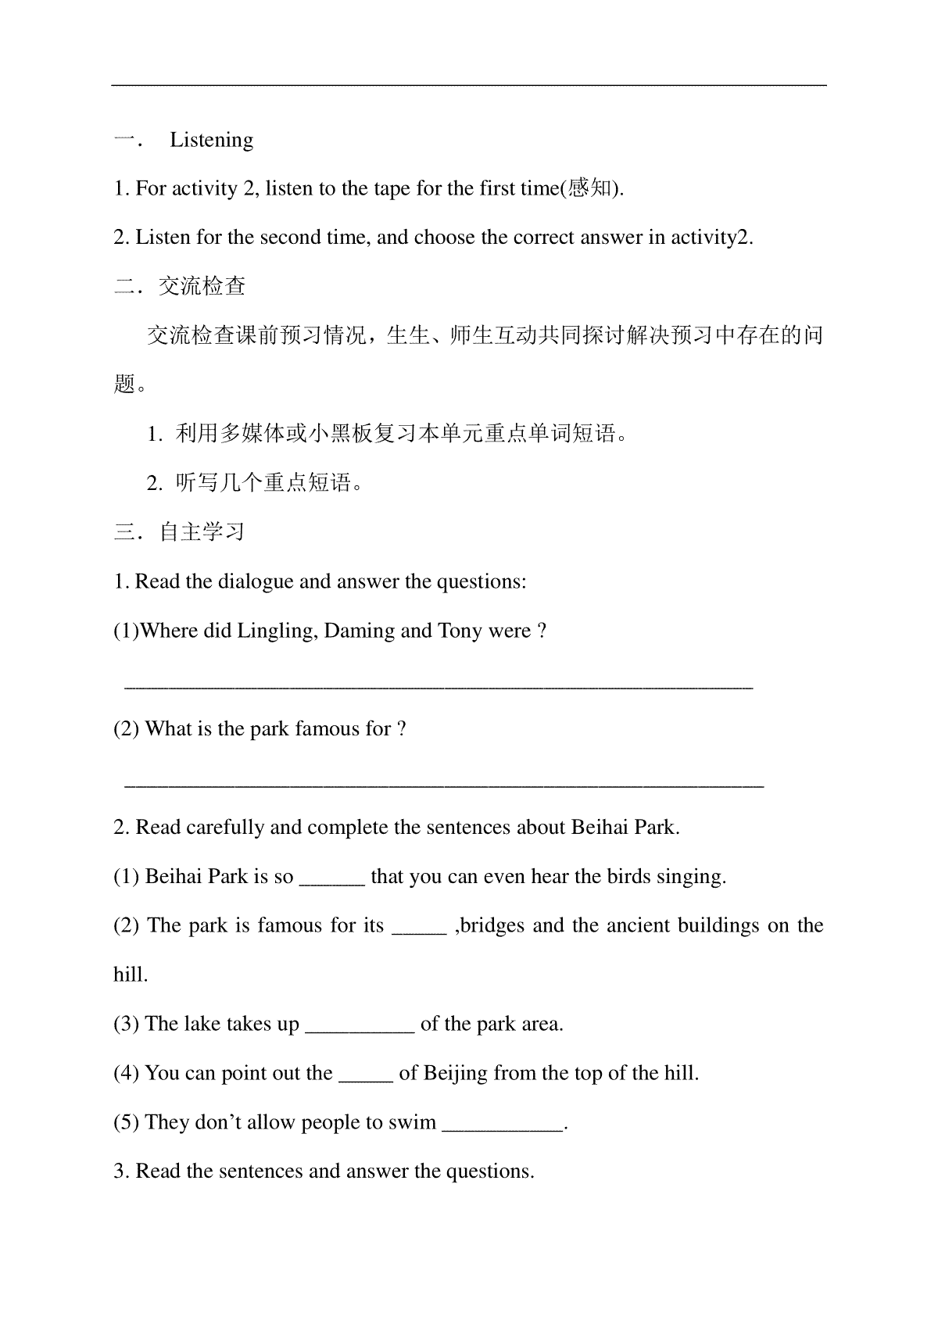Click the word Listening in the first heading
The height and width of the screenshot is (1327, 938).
[x=212, y=140]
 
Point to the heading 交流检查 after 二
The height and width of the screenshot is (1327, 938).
[x=202, y=287]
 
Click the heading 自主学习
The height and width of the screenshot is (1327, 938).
[x=202, y=532]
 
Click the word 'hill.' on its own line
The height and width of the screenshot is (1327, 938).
[x=131, y=975]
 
